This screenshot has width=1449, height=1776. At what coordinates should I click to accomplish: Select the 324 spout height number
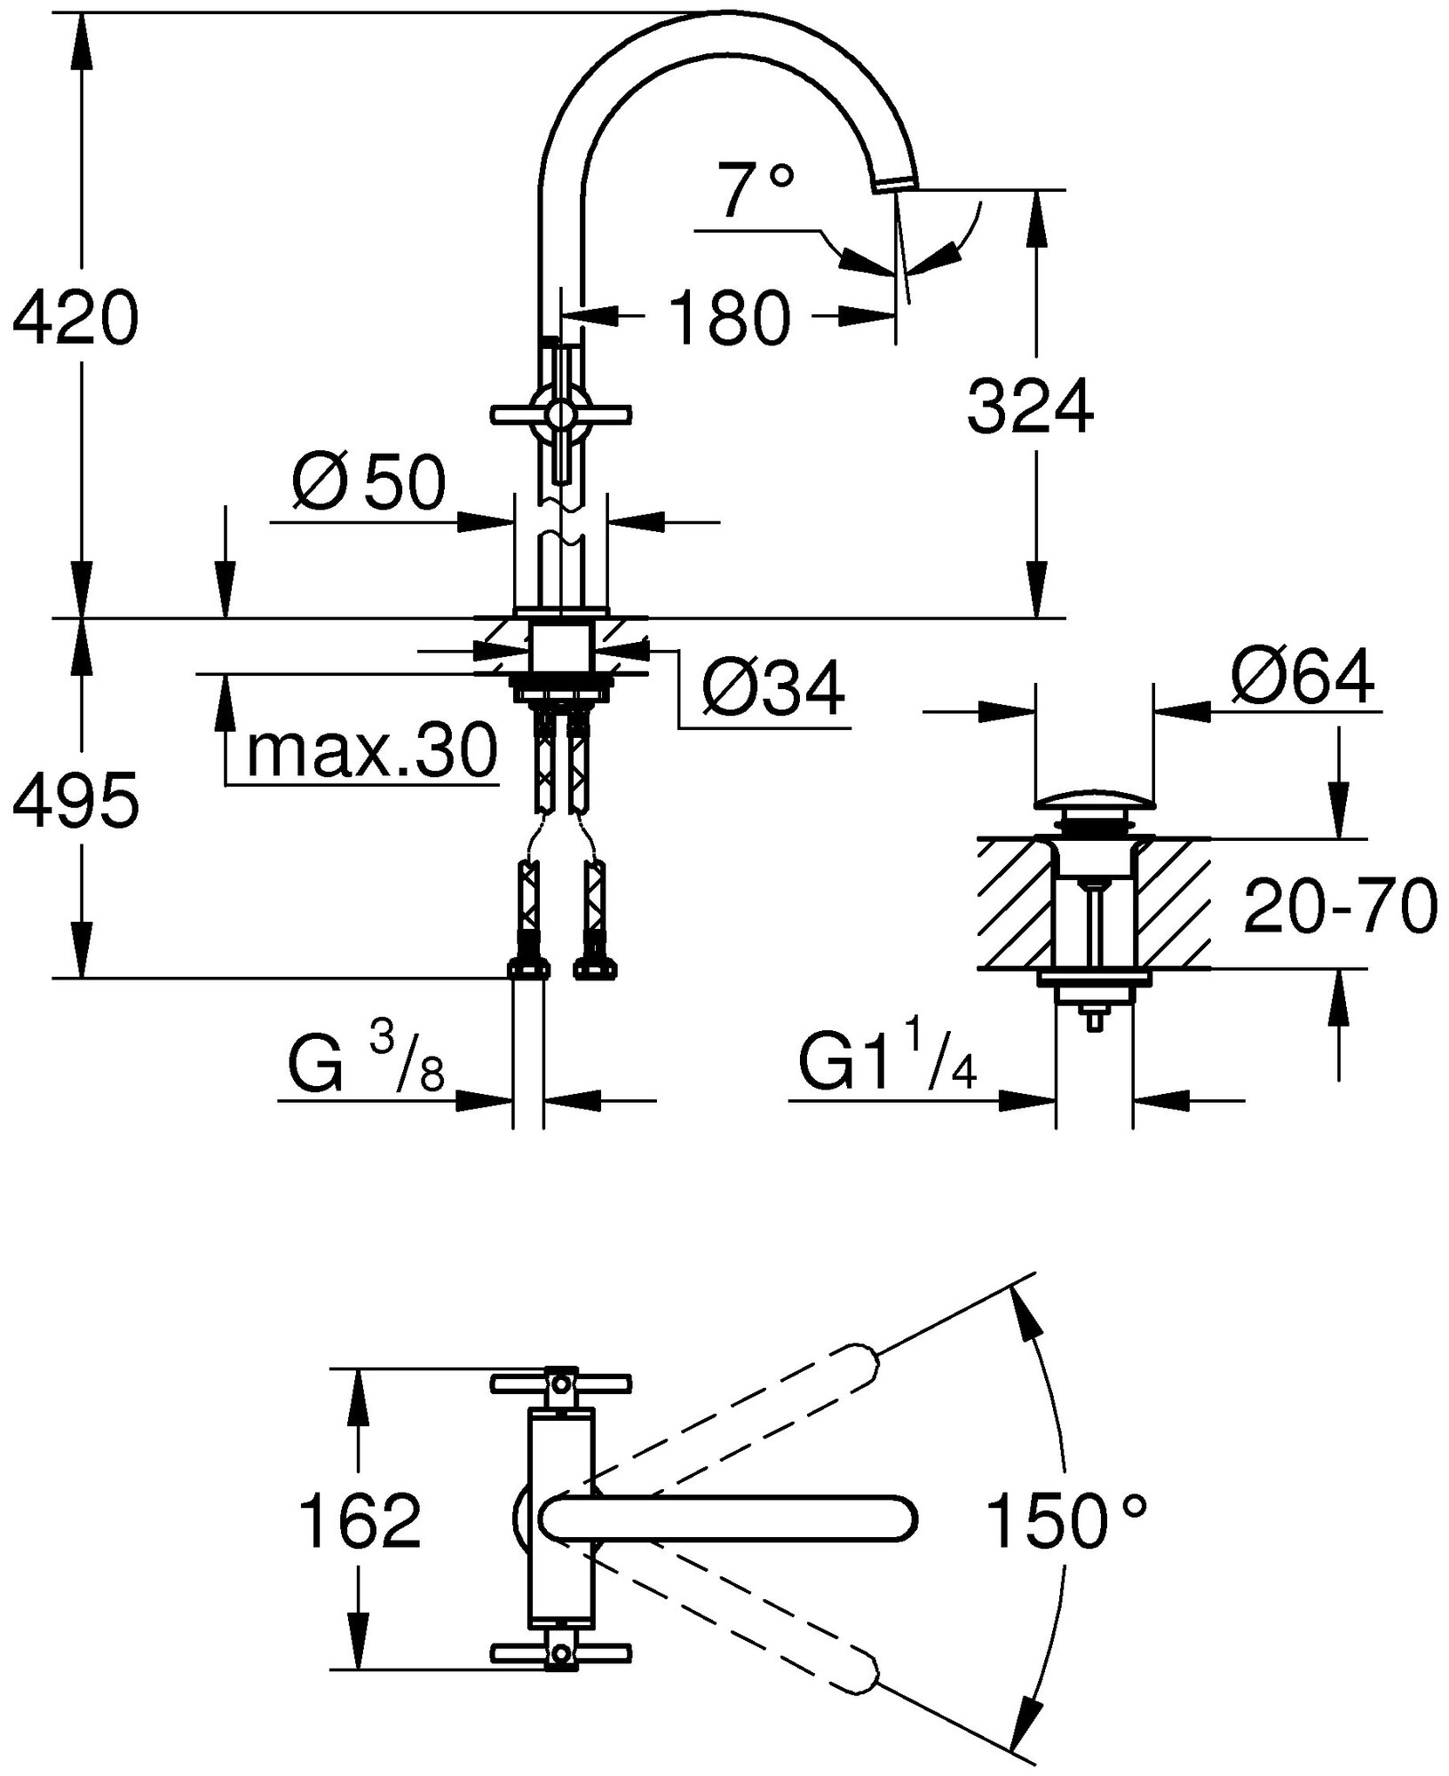click(1030, 407)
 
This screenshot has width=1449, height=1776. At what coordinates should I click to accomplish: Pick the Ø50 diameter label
click(367, 485)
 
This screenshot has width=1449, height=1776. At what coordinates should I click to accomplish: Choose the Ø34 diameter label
click(772, 688)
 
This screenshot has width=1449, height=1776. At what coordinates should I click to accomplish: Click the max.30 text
click(371, 752)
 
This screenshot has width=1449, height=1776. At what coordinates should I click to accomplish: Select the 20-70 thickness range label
click(1339, 906)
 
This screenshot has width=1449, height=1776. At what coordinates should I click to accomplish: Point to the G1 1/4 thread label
click(888, 1061)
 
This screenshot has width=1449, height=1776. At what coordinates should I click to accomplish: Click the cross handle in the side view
click(560, 414)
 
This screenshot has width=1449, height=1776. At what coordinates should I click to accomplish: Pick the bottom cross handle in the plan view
click(560, 1651)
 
